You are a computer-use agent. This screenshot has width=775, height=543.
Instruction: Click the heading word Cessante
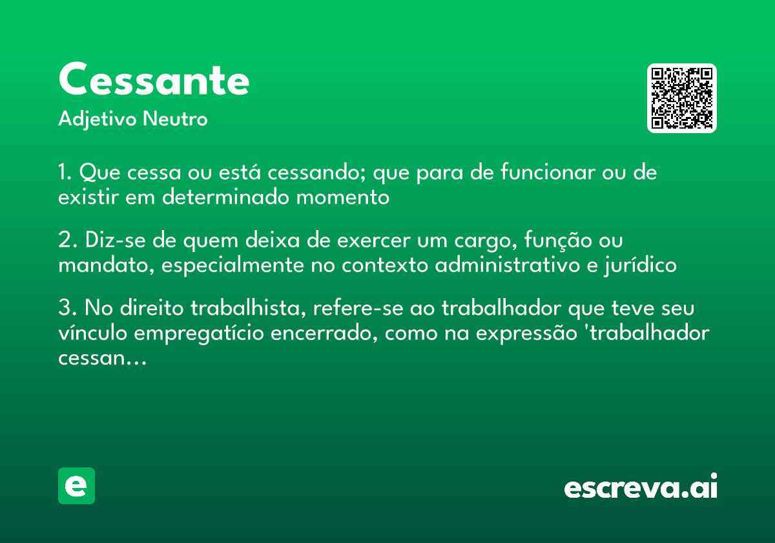point(154,80)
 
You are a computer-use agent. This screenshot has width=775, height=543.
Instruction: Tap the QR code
point(682,98)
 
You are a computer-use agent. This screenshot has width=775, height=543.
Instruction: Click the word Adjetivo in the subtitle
point(98,120)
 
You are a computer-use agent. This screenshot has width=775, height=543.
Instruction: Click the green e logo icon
point(76,485)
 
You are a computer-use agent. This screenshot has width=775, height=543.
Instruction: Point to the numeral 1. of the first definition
point(65,173)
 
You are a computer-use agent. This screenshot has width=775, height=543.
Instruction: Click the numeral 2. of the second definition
point(65,240)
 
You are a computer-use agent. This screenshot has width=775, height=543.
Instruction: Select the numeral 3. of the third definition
point(65,308)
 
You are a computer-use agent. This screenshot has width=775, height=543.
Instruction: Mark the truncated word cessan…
point(103,357)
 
